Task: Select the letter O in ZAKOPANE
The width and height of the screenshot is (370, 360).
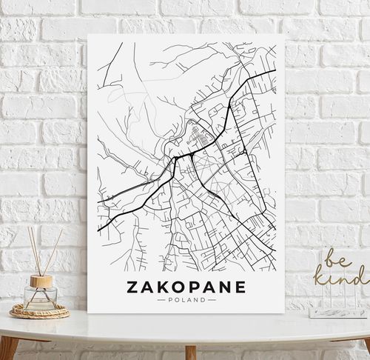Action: pos(169,287)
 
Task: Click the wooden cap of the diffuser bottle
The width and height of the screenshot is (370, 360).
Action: pos(41,281)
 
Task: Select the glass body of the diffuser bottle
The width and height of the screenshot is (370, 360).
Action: pos(40,298)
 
